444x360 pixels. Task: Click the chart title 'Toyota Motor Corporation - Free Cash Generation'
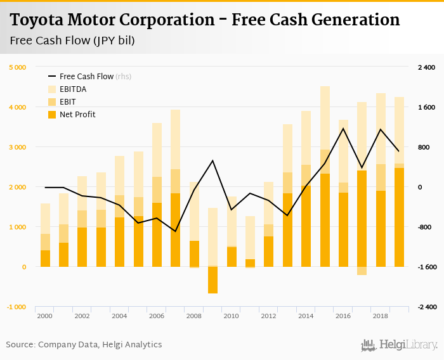[x=205, y=20]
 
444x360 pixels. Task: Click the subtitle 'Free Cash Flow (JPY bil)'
[x=72, y=41]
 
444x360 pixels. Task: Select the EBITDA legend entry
[x=73, y=89]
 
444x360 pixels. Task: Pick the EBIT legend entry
[x=68, y=102]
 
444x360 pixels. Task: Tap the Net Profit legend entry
[x=77, y=115]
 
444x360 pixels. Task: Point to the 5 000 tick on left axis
[x=17, y=67]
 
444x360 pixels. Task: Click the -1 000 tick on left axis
[x=17, y=307]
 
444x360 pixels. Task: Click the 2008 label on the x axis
[x=193, y=316]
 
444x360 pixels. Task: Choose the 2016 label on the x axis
[x=343, y=316]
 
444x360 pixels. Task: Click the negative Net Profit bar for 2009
[x=212, y=280]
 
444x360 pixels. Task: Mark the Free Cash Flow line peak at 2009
[x=212, y=160]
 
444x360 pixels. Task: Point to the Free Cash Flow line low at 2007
[x=175, y=231]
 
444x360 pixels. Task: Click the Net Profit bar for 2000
[x=45, y=259]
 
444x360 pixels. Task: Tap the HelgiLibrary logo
[x=399, y=345]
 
